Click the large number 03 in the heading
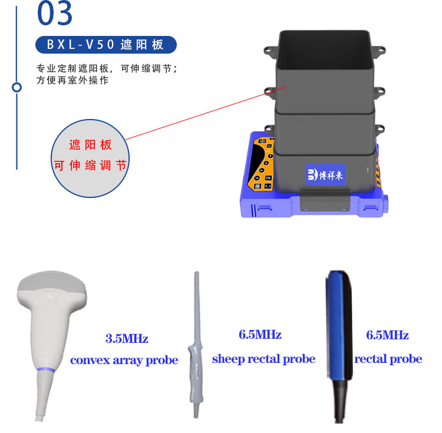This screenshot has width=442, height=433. (55, 13)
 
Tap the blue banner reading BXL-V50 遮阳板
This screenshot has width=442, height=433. (106, 45)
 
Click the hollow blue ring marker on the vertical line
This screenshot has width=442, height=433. (17, 87)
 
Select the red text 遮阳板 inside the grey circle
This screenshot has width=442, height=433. (91, 145)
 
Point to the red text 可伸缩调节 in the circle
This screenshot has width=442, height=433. (90, 166)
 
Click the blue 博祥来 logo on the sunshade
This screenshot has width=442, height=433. (325, 174)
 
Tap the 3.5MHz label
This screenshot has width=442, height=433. (127, 338)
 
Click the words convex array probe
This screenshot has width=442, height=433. (124, 361)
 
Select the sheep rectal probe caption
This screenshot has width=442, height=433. (263, 359)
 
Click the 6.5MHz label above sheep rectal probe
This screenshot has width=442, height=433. (260, 335)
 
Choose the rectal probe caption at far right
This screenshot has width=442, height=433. (388, 359)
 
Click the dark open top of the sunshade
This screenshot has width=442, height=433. (324, 49)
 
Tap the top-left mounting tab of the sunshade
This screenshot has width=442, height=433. (271, 52)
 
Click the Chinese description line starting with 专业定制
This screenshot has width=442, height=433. (107, 68)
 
